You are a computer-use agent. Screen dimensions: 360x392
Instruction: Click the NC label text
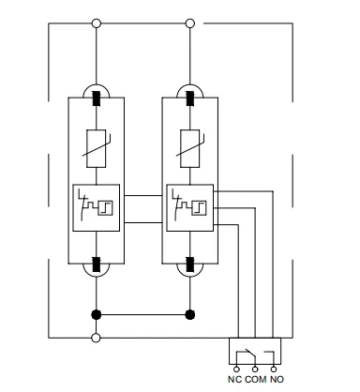tap(234, 379)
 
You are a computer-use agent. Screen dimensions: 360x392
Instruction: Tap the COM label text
tap(256, 379)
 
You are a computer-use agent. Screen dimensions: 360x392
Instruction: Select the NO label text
tap(277, 379)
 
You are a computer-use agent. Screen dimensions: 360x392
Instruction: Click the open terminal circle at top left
tap(97, 23)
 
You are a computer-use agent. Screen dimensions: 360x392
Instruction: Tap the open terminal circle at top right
tap(190, 23)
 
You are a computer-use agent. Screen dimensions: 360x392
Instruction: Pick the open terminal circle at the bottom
tap(97, 338)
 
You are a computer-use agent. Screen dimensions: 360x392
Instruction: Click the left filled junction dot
tap(97, 314)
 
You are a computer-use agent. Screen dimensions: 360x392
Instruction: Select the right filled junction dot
tap(190, 314)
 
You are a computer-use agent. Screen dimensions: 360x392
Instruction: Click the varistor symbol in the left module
tap(97, 148)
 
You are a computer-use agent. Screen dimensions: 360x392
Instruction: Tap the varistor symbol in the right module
tap(190, 148)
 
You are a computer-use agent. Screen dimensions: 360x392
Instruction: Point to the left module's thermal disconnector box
tap(97, 208)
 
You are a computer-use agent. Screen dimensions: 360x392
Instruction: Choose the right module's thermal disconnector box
tap(190, 208)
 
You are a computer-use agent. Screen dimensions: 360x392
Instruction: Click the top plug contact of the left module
tap(97, 98)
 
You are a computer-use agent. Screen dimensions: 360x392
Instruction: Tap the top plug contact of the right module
tap(190, 98)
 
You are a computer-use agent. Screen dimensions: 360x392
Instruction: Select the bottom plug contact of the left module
tap(97, 264)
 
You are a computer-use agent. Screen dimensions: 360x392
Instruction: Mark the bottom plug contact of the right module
tap(190, 264)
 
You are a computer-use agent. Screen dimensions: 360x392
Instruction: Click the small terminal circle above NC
tap(236, 369)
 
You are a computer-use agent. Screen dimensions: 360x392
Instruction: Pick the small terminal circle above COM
tap(255, 369)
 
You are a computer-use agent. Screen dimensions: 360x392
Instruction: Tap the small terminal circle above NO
tap(274, 369)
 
